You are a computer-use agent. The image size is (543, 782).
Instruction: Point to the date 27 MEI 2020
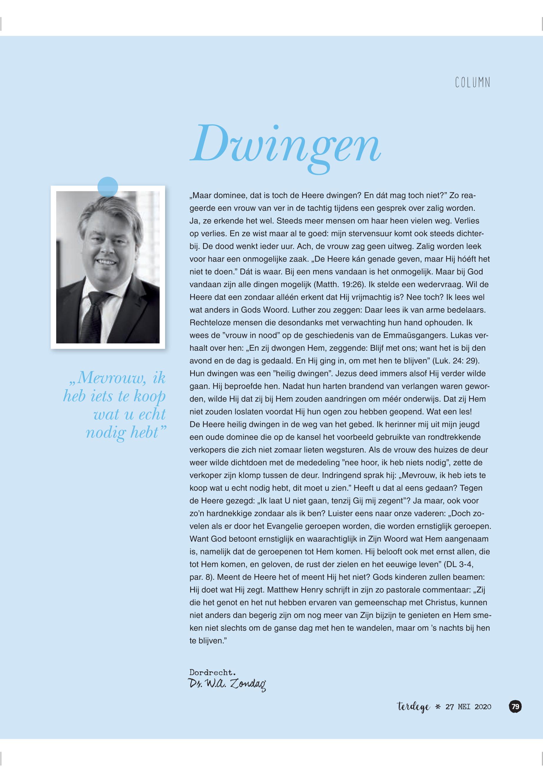pyautogui.click(x=468, y=707)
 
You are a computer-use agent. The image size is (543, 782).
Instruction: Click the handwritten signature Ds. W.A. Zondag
pyautogui.click(x=227, y=684)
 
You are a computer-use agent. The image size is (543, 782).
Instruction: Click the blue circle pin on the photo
pyautogui.click(x=107, y=187)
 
